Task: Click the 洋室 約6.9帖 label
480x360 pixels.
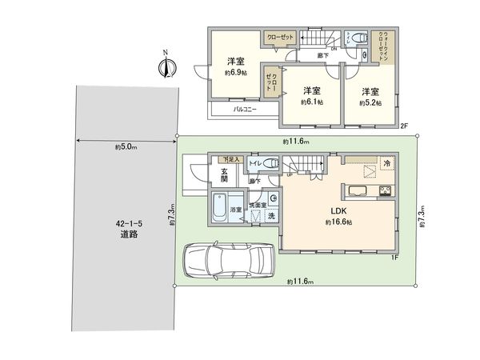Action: pos(235,66)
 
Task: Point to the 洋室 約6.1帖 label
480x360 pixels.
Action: pos(312,96)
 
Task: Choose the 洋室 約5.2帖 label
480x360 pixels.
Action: pos(370,96)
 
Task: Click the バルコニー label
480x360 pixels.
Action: pos(245,109)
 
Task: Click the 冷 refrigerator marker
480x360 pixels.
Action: pos(386,163)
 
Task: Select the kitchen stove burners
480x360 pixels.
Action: pos(384,190)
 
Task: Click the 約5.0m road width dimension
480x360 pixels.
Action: pos(126,146)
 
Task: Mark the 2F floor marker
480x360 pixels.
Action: pos(405,126)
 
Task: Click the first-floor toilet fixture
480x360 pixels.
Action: pos(270,163)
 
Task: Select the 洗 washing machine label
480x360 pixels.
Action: pos(272,218)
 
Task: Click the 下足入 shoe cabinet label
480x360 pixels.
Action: pos(231,161)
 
